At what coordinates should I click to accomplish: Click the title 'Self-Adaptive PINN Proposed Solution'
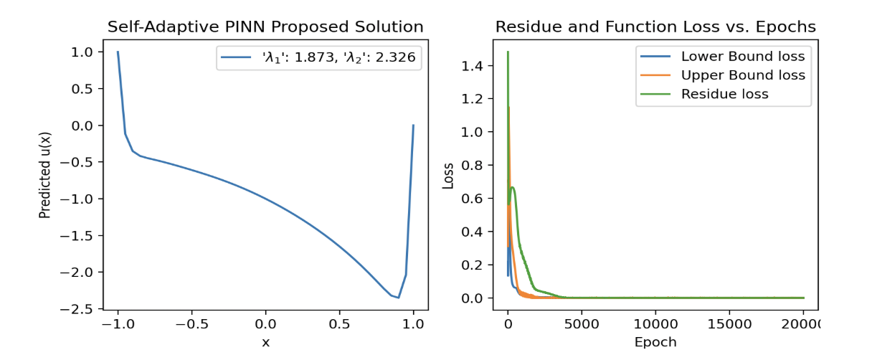(x=265, y=27)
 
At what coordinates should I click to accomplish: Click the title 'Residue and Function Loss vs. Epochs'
(x=655, y=27)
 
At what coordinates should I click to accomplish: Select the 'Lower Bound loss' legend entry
(x=743, y=57)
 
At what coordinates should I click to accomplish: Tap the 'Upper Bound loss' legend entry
(x=743, y=75)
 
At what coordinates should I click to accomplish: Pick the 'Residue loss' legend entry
(x=724, y=94)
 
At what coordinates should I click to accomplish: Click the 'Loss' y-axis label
(x=448, y=175)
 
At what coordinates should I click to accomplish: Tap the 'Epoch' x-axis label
(x=655, y=341)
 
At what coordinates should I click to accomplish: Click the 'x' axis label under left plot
(x=265, y=343)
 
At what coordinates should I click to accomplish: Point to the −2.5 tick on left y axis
(x=80, y=309)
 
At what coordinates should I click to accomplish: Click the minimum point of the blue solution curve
(x=398, y=297)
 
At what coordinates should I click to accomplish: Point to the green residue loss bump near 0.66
(x=513, y=188)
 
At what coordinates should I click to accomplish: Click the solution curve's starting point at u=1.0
(x=118, y=52)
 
